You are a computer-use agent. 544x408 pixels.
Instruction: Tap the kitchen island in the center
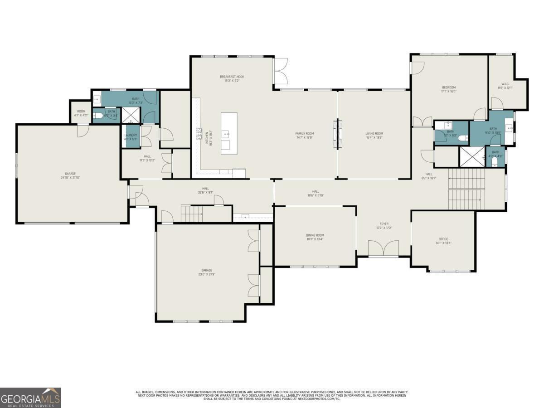(x=229, y=133)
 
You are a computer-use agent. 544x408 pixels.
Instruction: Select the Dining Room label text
(x=315, y=235)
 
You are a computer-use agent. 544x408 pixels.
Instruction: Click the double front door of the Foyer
(x=384, y=249)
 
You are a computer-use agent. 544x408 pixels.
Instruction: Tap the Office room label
(x=443, y=239)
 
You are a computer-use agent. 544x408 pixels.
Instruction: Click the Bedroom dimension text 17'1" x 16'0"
(x=448, y=92)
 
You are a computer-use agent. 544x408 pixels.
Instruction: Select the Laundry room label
(x=131, y=135)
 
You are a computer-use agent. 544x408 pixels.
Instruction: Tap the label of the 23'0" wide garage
(x=207, y=270)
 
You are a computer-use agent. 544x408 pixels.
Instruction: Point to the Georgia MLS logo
(x=30, y=398)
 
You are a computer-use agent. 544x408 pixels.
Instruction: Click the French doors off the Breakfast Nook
(x=281, y=71)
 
